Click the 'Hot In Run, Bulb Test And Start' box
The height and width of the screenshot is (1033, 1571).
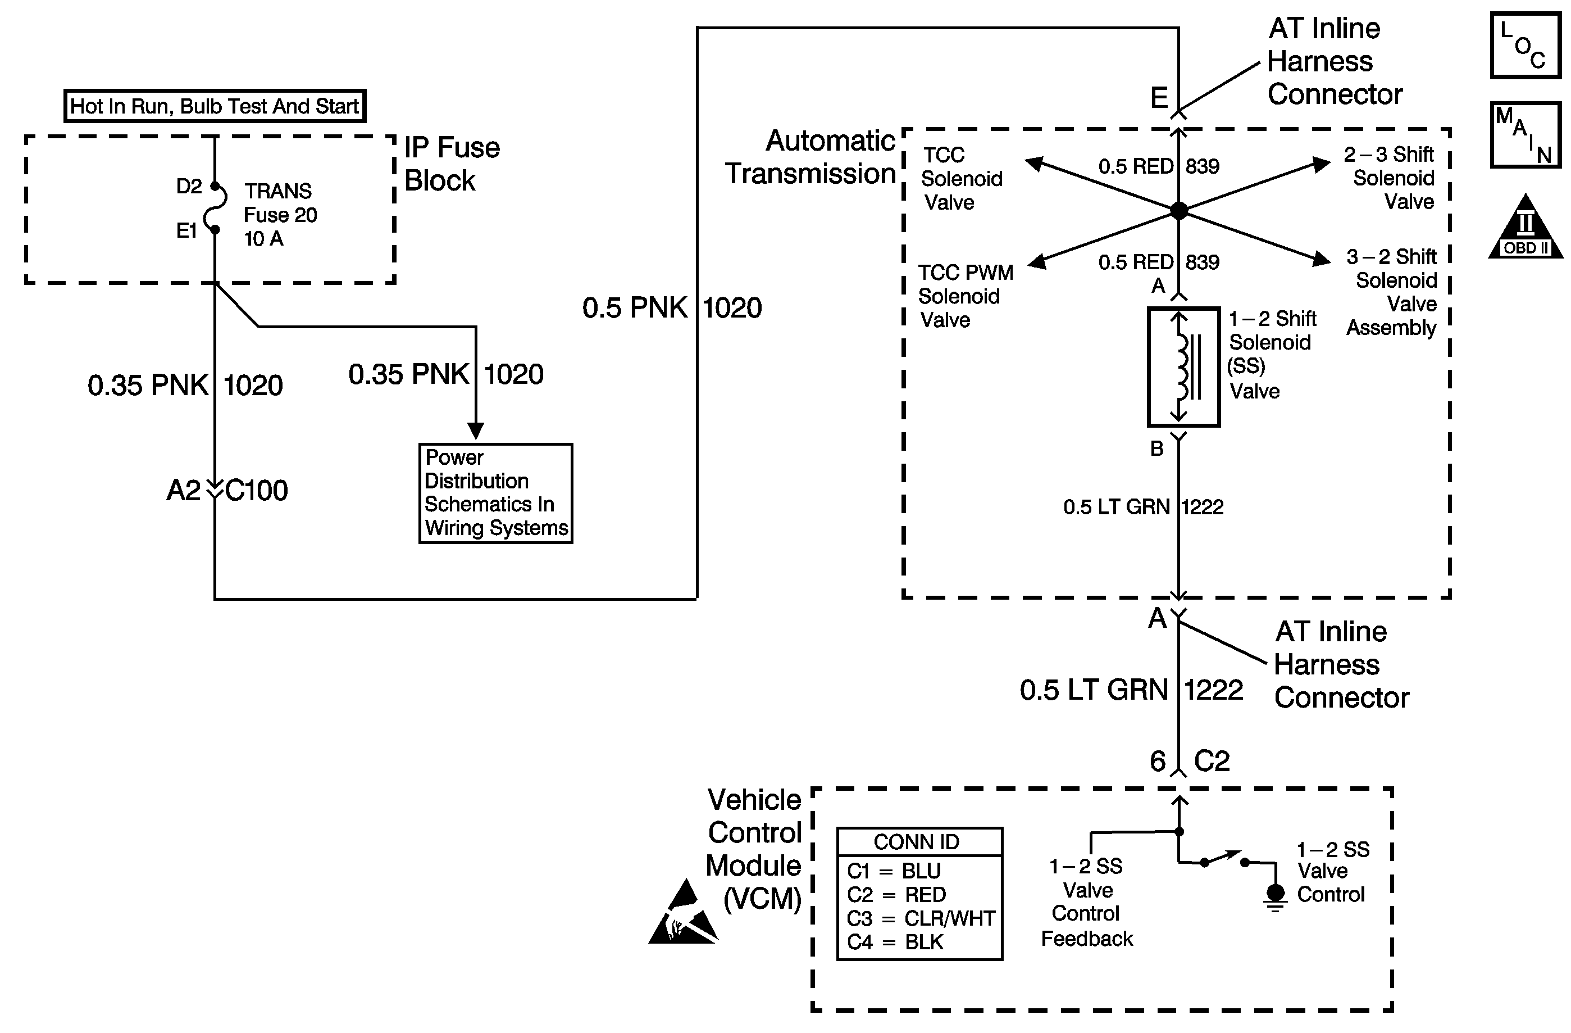pos(215,106)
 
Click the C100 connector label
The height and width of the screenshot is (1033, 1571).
pos(256,491)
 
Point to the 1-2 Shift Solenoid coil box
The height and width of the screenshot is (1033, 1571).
pos(1183,367)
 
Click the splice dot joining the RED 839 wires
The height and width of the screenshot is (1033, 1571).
pos(1179,211)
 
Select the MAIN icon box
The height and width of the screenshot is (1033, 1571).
pos(1525,135)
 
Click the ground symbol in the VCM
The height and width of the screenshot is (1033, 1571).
pos(1276,898)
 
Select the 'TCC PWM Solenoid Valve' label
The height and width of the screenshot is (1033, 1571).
pos(964,296)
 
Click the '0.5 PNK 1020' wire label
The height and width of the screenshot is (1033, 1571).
pos(671,308)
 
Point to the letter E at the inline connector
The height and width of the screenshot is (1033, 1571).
pos(1159,98)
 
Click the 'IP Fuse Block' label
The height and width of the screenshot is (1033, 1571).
pos(452,164)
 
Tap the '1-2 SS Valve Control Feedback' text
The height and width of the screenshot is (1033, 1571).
pos(1086,902)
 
